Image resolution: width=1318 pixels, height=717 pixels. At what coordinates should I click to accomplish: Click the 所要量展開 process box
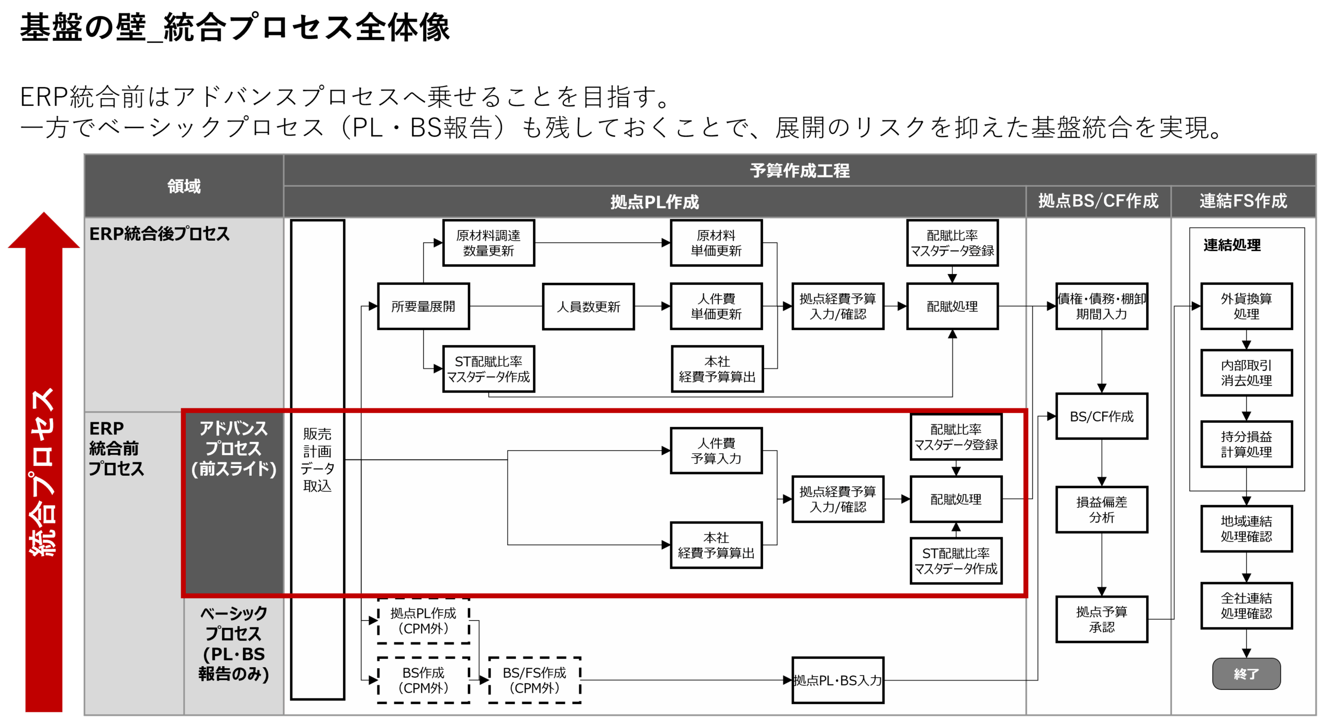423,306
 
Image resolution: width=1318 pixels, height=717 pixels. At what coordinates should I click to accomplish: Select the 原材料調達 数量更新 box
488,243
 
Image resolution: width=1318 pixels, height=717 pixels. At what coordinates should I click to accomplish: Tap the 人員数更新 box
588,307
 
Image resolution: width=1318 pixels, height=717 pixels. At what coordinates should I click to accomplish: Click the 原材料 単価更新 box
716,243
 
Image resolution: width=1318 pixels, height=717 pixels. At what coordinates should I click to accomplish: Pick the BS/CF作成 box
1101,416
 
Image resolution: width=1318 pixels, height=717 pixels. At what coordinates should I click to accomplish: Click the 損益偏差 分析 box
1101,509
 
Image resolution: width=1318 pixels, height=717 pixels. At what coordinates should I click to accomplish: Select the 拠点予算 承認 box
1101,619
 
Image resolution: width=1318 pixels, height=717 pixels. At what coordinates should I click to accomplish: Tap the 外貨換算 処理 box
1246,306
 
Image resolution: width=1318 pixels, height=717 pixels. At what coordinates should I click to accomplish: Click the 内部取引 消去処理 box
1246,373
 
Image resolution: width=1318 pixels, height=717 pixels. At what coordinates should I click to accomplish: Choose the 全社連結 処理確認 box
1246,605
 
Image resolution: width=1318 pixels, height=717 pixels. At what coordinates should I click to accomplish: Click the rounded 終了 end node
1246,674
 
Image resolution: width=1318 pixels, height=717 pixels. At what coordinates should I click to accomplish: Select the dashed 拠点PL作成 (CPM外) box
423,620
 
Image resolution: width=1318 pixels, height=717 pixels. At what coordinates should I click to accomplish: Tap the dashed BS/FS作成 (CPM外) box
534,680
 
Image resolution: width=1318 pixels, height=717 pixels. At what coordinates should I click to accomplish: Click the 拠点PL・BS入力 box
837,680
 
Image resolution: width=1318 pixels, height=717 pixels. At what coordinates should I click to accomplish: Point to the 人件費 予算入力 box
716,451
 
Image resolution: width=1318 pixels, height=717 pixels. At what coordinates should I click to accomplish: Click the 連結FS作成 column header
1243,201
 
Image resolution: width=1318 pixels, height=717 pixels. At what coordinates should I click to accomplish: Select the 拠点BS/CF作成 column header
1098,201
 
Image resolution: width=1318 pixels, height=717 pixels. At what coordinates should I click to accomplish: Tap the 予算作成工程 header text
800,170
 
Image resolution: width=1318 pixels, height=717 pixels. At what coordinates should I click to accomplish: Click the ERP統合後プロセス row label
160,234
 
